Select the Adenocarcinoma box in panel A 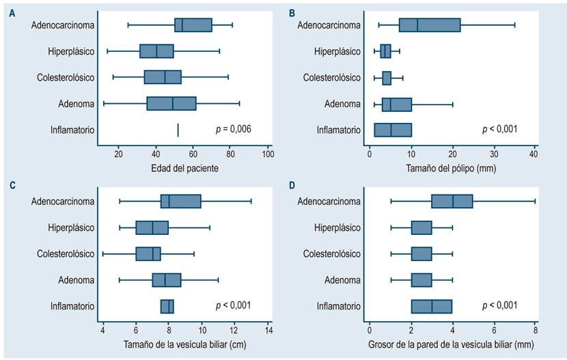193,25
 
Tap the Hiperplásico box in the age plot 156,51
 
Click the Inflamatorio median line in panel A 178,130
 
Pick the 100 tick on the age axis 268,154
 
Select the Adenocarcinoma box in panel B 430,25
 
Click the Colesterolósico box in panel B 387,78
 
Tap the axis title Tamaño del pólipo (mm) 452,169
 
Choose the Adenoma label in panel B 343,104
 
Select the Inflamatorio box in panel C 167,306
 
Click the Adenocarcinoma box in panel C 181,202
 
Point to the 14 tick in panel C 268,331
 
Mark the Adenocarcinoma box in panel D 452,202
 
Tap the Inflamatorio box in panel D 432,306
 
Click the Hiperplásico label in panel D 337,227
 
